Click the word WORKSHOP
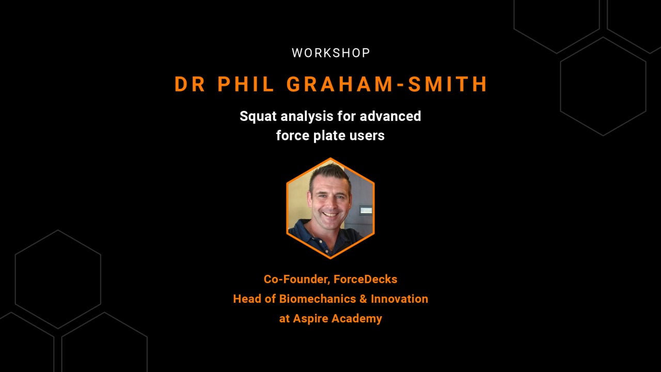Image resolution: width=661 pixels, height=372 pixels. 330,53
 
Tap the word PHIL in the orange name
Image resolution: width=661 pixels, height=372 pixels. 246,84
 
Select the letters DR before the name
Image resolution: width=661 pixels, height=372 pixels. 190,84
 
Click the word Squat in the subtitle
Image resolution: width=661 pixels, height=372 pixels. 258,116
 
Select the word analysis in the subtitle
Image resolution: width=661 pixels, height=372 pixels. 307,116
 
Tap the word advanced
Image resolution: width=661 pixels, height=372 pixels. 390,116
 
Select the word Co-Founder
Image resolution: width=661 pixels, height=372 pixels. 296,280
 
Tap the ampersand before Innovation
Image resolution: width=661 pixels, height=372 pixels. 364,299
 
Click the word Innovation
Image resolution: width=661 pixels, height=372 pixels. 399,299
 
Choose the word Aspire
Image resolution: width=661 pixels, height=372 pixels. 310,319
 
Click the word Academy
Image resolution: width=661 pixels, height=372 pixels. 357,319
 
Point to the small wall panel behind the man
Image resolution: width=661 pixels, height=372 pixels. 366,210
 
